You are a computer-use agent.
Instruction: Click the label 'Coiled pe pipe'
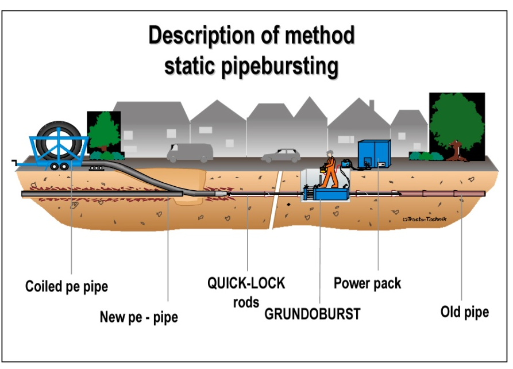coord(67,286)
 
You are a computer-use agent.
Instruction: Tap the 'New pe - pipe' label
coord(139,317)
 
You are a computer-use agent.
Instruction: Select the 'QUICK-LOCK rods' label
coord(246,291)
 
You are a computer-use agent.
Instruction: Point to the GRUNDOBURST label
coord(313,314)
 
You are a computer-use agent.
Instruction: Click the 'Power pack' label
coord(368,283)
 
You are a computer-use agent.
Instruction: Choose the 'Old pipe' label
coord(465,312)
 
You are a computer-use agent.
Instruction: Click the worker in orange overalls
coord(329,170)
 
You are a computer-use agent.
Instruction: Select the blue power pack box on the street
coord(374,154)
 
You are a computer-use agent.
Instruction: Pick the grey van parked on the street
coord(190,152)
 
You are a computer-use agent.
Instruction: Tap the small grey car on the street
coord(281,155)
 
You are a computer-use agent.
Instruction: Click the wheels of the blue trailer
coord(59,166)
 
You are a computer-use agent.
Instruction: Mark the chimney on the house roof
coord(372,106)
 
